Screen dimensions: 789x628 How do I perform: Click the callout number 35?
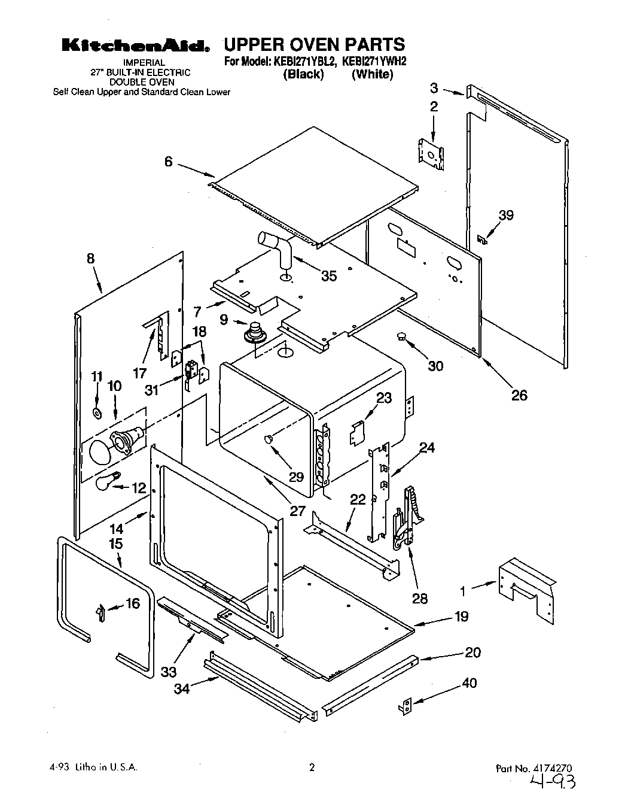coord(328,276)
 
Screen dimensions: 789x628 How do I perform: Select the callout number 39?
coord(506,215)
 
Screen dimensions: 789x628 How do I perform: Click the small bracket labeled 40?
coord(407,706)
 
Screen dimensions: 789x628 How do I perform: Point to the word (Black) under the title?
coord(303,74)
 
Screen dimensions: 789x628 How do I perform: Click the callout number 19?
coord(461,616)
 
